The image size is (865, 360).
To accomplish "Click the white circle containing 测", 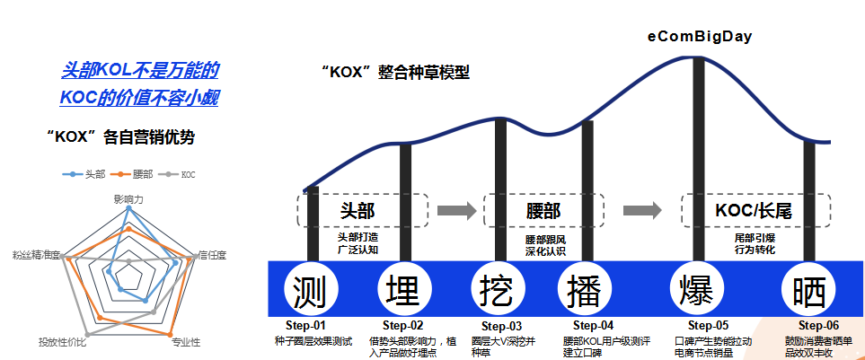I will click(x=311, y=291).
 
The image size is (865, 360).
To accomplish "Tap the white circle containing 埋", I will click(x=402, y=291).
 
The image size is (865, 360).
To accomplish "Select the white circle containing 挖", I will click(x=498, y=291).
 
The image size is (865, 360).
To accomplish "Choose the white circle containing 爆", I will click(x=698, y=291).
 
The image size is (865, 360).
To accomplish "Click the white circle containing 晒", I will click(x=809, y=291).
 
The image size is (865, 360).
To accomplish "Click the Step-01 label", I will click(x=308, y=326).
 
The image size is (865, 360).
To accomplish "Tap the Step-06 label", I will click(x=819, y=326).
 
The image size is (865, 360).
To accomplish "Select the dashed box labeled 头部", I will click(x=362, y=210).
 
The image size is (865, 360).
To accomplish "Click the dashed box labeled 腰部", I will click(x=543, y=210).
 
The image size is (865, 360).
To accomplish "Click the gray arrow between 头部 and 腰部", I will click(x=456, y=210).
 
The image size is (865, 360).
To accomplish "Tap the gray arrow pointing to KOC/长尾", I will click(x=642, y=210).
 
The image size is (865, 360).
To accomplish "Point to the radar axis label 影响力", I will click(x=128, y=197).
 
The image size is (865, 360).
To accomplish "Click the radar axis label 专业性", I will click(x=186, y=342).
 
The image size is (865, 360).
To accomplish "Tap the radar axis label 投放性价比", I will click(x=63, y=342).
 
